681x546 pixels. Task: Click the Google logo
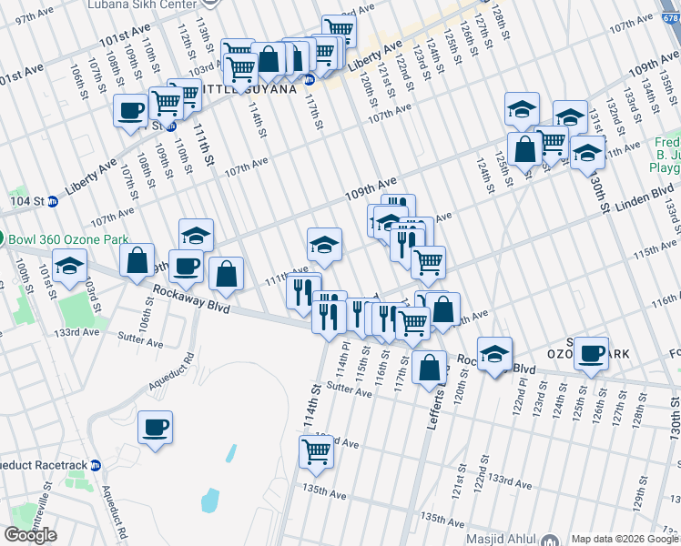pos(31,534)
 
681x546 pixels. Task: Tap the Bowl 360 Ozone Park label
pos(59,240)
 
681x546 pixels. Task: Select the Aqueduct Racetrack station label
pos(50,465)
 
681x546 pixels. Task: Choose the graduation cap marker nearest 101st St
pos(70,268)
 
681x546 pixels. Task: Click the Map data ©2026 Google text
pos(625,539)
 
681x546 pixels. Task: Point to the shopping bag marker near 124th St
pos(525,149)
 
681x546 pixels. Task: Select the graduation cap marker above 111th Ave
pos(324,244)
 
